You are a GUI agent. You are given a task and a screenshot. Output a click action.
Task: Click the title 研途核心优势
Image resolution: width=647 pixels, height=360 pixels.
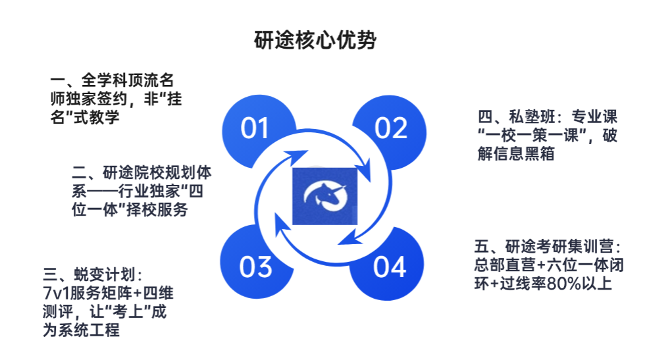[x=315, y=40]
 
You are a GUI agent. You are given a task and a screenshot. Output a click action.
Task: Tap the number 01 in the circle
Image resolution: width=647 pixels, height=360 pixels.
[x=255, y=128]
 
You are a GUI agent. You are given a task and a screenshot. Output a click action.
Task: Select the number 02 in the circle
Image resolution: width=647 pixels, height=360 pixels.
[x=391, y=128]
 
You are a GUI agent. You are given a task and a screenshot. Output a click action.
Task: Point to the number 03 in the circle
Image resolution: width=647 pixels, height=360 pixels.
[x=256, y=267]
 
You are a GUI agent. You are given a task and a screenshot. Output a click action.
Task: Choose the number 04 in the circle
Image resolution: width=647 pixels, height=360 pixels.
[x=390, y=267]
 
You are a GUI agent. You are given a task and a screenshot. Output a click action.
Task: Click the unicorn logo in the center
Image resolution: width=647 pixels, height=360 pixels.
[x=324, y=196]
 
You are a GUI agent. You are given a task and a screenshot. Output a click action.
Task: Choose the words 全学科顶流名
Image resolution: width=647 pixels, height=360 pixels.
[x=128, y=80]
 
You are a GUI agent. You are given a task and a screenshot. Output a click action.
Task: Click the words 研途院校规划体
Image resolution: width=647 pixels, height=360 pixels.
[x=157, y=172]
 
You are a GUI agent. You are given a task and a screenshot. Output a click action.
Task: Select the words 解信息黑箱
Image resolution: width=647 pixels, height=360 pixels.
[x=516, y=154]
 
